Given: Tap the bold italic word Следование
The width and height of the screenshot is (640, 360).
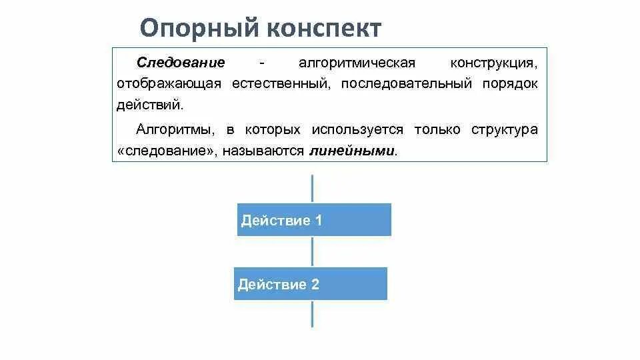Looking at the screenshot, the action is (181, 63).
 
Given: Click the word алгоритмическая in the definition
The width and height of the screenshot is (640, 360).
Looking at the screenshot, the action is (357, 63).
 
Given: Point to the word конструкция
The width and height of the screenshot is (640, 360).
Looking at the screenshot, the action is (493, 63).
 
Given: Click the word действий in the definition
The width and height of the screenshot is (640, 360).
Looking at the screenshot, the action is (149, 105).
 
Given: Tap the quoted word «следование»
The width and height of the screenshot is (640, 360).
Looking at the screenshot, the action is (168, 151).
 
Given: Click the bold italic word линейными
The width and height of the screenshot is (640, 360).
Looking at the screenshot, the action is (352, 151).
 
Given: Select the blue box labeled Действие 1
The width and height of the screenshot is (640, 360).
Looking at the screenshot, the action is (314, 220).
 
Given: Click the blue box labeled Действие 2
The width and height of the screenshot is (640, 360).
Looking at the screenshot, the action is (310, 284).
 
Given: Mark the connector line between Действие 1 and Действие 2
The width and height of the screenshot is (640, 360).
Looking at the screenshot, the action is (312, 251).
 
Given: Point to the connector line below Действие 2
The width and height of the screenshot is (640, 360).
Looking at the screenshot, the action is (312, 313).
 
